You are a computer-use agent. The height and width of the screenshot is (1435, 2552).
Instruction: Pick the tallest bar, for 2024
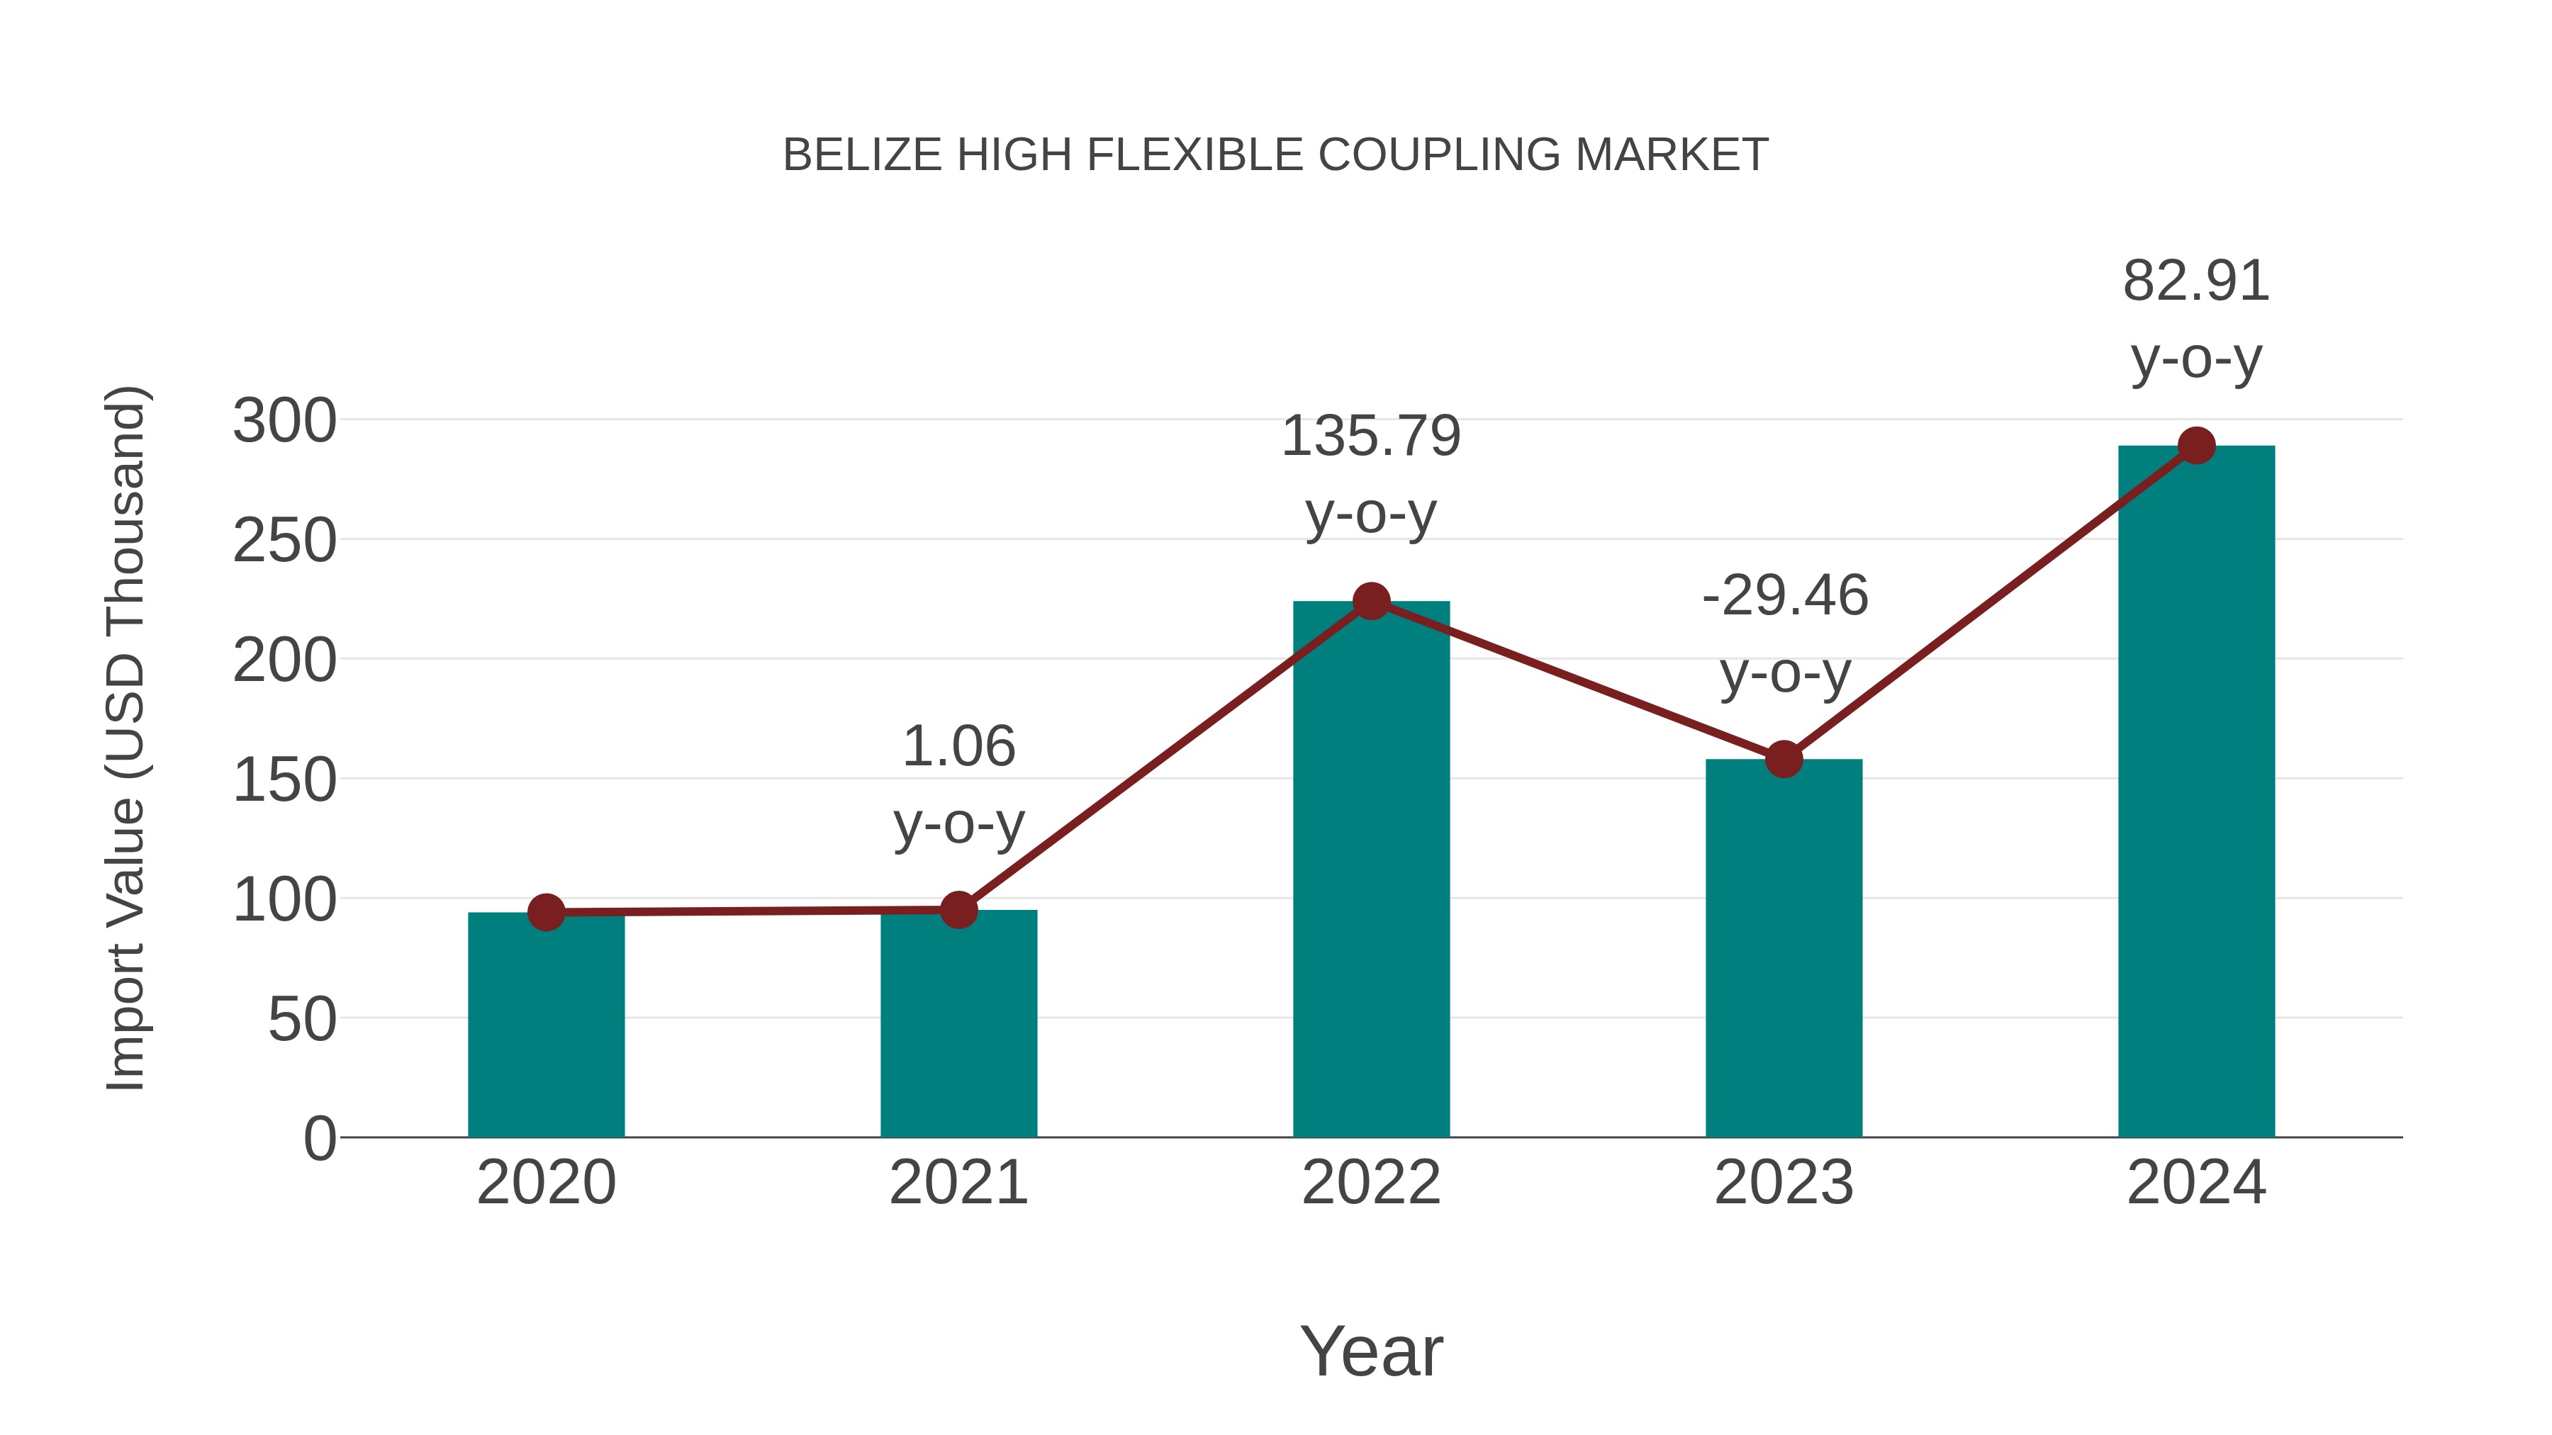pos(2196,792)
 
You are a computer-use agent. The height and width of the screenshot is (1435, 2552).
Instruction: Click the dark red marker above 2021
pos(958,909)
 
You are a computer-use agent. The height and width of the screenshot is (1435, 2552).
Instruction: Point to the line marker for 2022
pos(1371,600)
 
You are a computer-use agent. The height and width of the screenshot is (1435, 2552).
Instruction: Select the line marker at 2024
pos(2196,446)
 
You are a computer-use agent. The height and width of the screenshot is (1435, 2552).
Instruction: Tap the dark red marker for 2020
pos(546,912)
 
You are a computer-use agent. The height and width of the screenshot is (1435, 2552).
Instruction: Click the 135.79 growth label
pos(1371,437)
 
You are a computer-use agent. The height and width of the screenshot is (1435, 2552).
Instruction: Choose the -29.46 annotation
pos(1784,596)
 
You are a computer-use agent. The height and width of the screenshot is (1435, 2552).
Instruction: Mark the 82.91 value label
pos(2196,281)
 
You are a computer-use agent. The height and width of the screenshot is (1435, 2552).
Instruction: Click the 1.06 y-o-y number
pos(958,747)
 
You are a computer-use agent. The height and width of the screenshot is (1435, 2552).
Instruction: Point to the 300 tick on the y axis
pos(284,421)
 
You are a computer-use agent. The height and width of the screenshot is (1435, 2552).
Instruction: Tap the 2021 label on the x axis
pos(958,1183)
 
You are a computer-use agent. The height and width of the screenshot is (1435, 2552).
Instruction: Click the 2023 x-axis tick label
pos(1784,1183)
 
